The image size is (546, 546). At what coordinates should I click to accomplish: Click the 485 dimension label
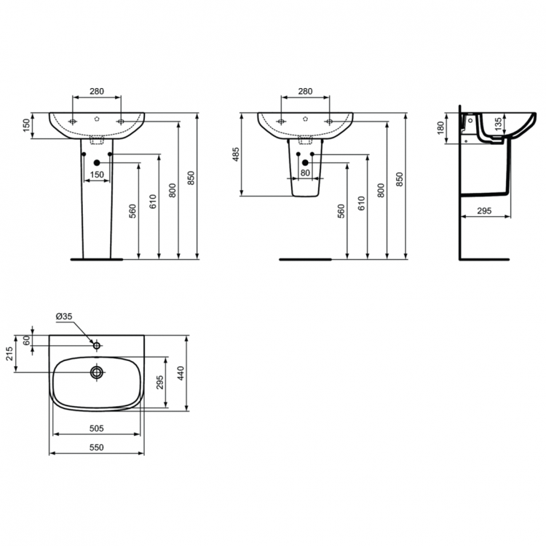click(235, 154)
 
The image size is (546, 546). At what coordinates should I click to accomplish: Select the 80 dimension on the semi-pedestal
click(305, 173)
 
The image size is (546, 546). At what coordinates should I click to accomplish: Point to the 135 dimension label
click(498, 125)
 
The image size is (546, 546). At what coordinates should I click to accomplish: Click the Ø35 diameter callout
click(63, 316)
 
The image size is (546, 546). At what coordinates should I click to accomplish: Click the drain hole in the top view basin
click(96, 373)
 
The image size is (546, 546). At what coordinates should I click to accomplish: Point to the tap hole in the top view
click(96, 343)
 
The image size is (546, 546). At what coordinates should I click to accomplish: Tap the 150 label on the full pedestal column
click(96, 174)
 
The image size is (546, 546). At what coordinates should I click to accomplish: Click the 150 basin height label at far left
click(26, 126)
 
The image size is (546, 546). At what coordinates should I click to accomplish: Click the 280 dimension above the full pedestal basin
click(96, 92)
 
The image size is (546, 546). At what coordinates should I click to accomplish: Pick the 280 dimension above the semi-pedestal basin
click(305, 92)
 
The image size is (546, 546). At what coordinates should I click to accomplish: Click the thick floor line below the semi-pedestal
click(305, 258)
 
